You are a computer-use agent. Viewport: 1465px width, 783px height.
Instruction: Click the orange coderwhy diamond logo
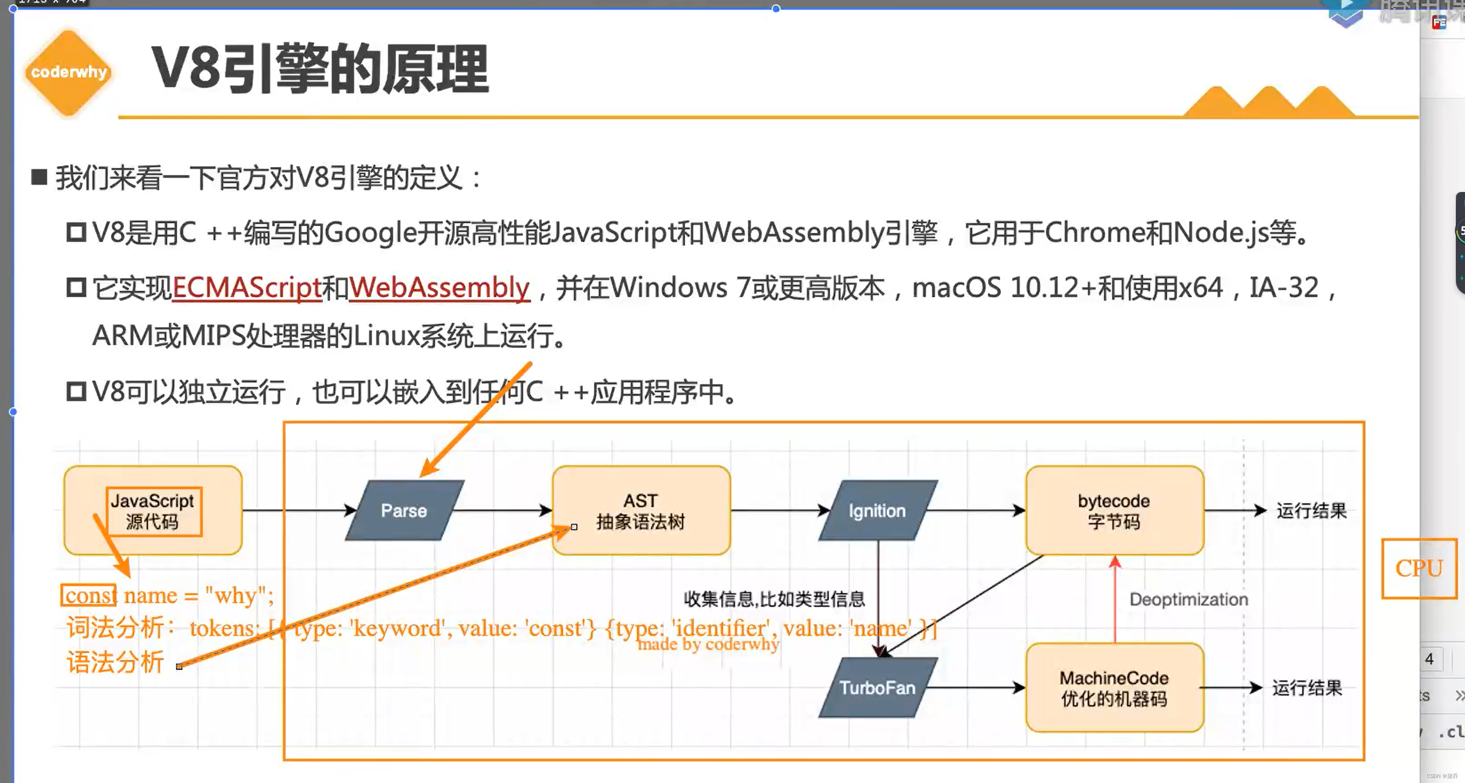pos(68,72)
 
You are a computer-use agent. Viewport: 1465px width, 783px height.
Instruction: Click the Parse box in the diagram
pos(404,511)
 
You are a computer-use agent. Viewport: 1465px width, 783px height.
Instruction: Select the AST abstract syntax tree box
pos(641,511)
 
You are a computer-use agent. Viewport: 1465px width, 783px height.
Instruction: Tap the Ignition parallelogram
pos(878,511)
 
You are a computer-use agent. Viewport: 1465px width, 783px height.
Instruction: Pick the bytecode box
pos(1114,511)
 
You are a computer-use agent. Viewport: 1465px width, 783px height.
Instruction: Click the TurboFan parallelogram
pos(878,687)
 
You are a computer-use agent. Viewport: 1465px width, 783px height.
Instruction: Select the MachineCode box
pos(1114,687)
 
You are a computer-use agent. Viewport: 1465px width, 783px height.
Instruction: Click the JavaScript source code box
pos(152,511)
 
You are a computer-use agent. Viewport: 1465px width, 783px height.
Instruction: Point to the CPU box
pos(1419,568)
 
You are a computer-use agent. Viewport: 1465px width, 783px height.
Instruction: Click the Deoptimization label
pos(1189,599)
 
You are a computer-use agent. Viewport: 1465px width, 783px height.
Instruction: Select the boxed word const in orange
pos(89,595)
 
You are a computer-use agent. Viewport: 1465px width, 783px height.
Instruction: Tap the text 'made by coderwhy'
pos(708,644)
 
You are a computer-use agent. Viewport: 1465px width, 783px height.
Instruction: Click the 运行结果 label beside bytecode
pos(1311,511)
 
